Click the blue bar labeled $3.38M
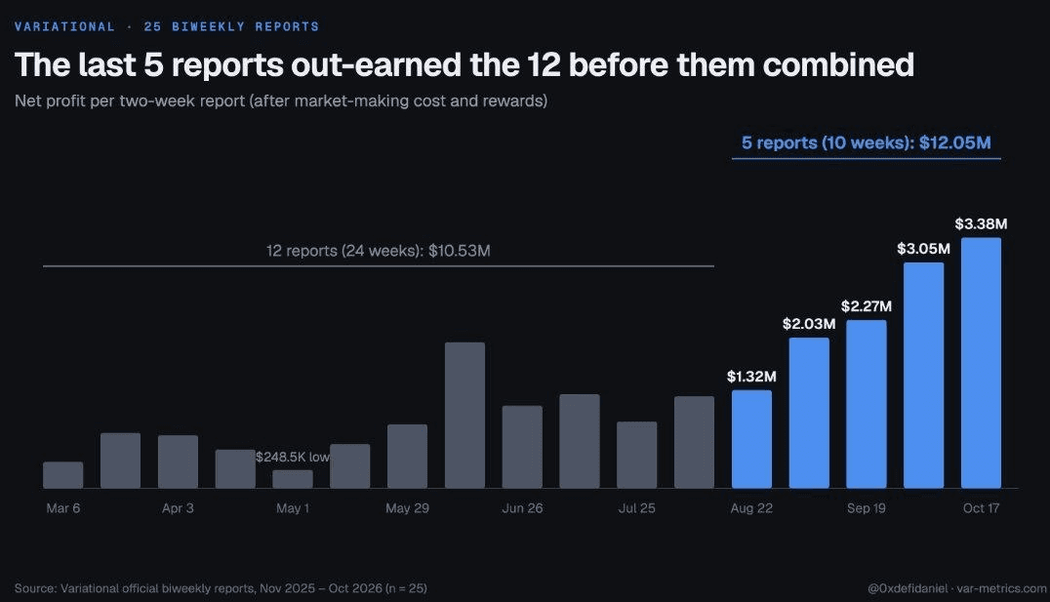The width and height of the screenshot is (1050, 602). point(981,363)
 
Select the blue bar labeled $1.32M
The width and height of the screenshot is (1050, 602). point(751,439)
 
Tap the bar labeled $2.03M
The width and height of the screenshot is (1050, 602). point(809,413)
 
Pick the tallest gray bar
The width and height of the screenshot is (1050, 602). point(464,416)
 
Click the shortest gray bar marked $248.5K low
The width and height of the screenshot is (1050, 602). point(293,479)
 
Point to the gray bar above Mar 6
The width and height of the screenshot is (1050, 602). point(63,475)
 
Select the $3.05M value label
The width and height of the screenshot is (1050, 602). point(923,249)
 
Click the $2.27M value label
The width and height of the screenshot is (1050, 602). point(867,306)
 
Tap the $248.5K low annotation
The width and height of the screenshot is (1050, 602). point(293,457)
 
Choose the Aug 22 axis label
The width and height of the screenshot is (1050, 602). point(751,508)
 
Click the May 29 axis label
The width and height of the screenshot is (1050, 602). point(407,508)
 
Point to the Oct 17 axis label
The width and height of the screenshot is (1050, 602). point(981,508)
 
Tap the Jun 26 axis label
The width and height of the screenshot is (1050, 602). point(522,508)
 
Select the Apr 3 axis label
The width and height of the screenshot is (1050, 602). point(178,508)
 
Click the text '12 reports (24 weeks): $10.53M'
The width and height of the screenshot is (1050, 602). point(379,251)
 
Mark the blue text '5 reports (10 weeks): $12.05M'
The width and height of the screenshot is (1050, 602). point(867,142)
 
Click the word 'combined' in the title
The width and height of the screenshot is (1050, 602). point(838,65)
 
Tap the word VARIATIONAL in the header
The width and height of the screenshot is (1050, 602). point(65,26)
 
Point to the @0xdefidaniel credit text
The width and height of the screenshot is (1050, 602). point(908,588)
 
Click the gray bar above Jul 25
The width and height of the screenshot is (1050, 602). point(637,455)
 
